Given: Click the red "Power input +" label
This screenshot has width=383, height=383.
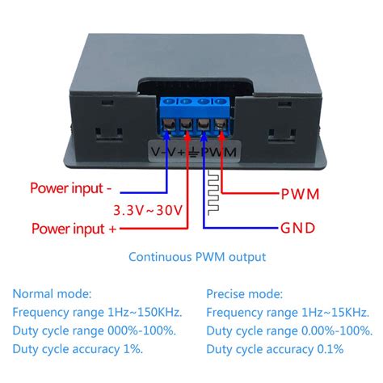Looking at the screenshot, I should [73, 229].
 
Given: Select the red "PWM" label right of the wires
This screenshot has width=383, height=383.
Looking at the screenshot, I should [300, 194].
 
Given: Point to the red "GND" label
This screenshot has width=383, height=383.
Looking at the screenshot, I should [300, 228].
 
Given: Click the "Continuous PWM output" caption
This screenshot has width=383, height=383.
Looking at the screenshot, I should [197, 257].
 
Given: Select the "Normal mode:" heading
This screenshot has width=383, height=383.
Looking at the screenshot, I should [52, 295].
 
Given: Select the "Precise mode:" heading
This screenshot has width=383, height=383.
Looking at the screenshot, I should [245, 295].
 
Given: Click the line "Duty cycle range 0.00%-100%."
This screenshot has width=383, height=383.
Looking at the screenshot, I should [288, 330].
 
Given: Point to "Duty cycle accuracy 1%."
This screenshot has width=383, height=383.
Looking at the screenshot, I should [78, 349].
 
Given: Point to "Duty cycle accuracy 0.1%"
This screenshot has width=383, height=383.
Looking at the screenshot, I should [275, 349].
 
